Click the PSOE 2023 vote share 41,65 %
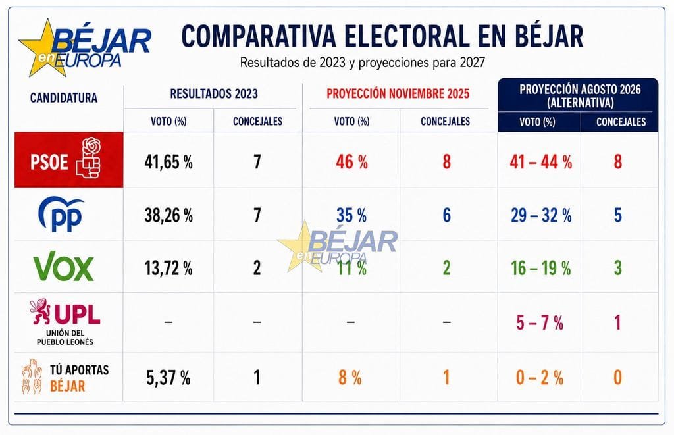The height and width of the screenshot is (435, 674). click(168, 163)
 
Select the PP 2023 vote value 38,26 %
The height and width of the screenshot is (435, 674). click(168, 215)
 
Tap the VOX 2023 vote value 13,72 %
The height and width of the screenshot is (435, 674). click(168, 269)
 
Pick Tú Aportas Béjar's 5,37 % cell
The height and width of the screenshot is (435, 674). click(168, 378)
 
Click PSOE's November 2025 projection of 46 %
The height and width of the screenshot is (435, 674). click(351, 163)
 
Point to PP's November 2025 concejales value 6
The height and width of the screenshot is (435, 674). click(447, 215)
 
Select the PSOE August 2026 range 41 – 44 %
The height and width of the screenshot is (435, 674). click(541, 163)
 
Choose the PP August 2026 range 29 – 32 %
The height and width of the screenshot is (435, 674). click(541, 215)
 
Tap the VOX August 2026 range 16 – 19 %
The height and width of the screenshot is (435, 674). click(541, 269)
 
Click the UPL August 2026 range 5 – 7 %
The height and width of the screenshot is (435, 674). click(540, 323)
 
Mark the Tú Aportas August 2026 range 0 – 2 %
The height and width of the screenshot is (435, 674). click(540, 378)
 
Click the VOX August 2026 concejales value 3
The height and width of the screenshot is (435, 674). click(617, 268)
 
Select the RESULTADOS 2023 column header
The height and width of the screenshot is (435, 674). click(214, 93)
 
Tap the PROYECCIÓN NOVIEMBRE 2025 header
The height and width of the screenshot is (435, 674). click(398, 93)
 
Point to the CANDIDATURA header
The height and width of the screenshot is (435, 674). click(64, 98)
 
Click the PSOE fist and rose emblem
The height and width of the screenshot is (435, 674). click(89, 158)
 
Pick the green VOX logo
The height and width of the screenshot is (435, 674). click(64, 266)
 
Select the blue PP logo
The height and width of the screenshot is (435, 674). click(61, 214)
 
